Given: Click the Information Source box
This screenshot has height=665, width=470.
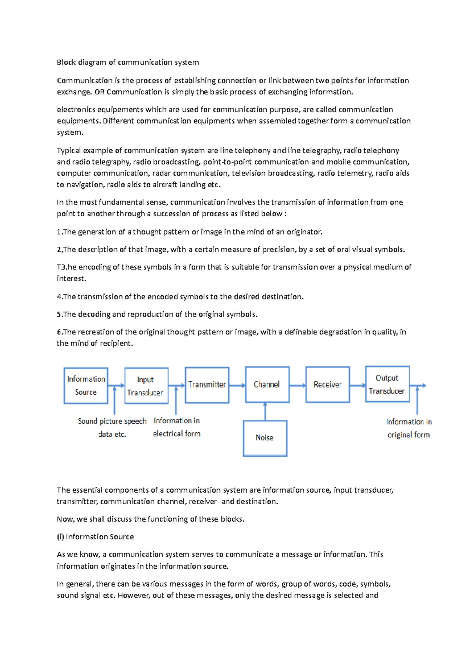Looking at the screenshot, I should click(x=86, y=385).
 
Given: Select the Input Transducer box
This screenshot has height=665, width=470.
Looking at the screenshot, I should click(x=146, y=386).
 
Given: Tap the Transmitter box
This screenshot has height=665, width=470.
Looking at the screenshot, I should click(x=207, y=385).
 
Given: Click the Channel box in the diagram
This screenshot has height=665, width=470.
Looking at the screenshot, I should click(x=267, y=385).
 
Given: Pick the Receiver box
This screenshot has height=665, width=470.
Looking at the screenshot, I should click(x=327, y=385).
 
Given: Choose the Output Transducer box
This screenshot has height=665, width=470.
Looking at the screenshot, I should click(x=387, y=384).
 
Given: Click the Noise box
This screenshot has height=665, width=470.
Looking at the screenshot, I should click(x=265, y=438).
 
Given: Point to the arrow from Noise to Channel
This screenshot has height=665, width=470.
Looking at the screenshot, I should click(x=265, y=411).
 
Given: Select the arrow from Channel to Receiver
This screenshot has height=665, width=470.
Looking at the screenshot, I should click(x=297, y=385).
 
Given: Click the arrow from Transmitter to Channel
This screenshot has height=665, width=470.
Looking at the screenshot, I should click(x=237, y=385).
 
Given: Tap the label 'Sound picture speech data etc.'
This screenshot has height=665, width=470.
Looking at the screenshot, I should click(x=112, y=427).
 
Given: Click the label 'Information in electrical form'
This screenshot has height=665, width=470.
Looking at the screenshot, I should click(x=177, y=427).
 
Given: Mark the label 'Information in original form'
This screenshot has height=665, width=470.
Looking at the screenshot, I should click(x=409, y=428).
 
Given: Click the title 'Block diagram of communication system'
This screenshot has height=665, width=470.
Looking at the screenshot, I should click(x=128, y=62).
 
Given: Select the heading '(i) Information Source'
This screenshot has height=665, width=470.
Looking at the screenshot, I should click(x=95, y=537).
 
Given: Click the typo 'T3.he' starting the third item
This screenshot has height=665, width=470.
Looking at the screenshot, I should click(x=67, y=267).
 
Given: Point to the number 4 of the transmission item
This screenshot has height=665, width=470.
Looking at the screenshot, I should click(x=59, y=297).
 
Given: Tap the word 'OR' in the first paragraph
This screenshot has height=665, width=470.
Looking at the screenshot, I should click(x=99, y=92).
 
